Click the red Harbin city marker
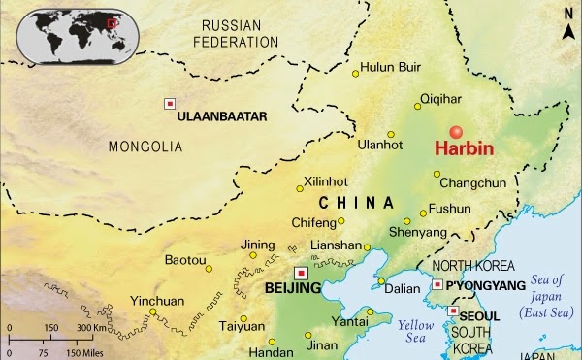456,133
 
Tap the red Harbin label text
464,151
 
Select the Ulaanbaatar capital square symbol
171,104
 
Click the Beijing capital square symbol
301,273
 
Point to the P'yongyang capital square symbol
437,284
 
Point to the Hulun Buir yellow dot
353,71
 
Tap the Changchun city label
472,182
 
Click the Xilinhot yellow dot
299,189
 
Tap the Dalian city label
401,288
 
